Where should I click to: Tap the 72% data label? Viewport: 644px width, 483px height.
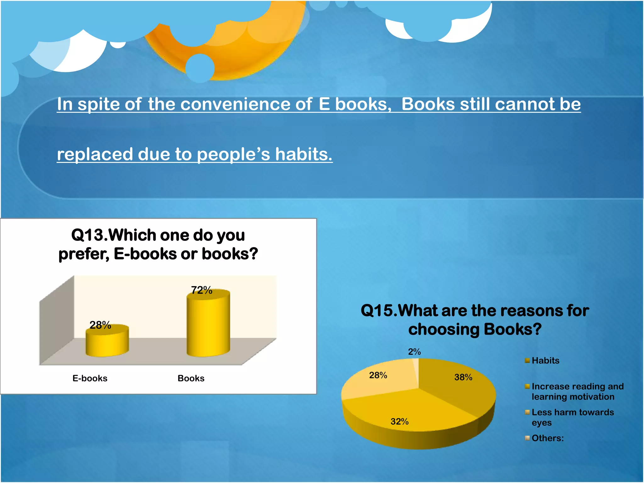tap(202, 290)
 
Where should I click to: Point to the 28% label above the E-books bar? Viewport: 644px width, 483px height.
tap(100, 325)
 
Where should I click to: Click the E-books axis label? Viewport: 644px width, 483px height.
tap(90, 378)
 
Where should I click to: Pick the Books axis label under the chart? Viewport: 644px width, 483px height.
tap(191, 378)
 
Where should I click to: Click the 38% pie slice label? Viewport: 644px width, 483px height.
tap(463, 377)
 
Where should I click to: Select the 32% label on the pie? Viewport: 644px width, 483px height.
tap(399, 421)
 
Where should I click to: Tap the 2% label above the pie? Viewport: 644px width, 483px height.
tap(414, 352)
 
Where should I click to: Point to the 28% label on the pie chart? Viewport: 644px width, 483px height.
tap(378, 375)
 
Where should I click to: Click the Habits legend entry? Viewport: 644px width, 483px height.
tap(545, 360)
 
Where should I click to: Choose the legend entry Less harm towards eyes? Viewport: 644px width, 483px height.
tap(572, 417)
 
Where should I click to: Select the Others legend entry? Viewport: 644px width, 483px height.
tap(547, 438)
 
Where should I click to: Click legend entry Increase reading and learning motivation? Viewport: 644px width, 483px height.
tap(577, 391)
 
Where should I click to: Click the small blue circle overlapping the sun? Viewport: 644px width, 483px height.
tap(200, 68)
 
